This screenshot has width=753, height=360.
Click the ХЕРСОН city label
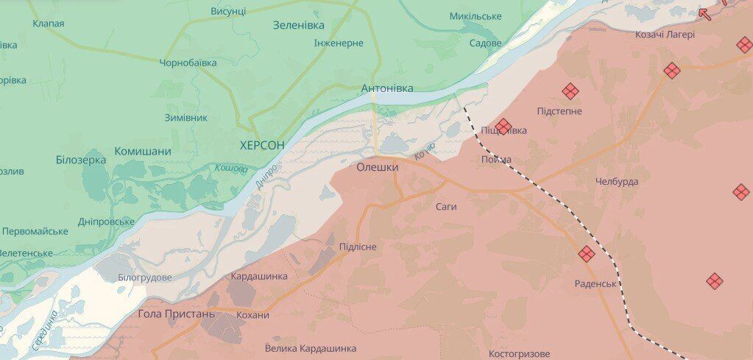(x=262, y=145)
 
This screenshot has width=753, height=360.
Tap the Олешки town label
(x=378, y=167)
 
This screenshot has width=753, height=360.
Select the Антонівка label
(x=386, y=88)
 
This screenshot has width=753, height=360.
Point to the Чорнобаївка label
(x=188, y=63)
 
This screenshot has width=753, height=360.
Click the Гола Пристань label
(x=177, y=314)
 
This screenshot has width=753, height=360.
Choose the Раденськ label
(x=595, y=283)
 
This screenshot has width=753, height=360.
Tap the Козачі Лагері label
(x=665, y=35)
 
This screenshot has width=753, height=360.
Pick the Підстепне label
(x=559, y=111)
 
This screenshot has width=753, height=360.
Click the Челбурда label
(x=617, y=181)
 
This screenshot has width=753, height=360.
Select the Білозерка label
(x=81, y=160)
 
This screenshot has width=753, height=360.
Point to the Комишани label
(x=143, y=151)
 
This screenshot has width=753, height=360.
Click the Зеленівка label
(x=298, y=25)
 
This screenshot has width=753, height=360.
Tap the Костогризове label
(x=519, y=354)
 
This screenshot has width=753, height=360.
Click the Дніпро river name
(x=266, y=175)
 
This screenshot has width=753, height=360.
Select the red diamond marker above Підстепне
(x=570, y=91)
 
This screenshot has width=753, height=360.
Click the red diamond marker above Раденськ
(x=587, y=254)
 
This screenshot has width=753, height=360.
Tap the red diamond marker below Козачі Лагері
(x=671, y=71)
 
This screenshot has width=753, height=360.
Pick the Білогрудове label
(x=145, y=278)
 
